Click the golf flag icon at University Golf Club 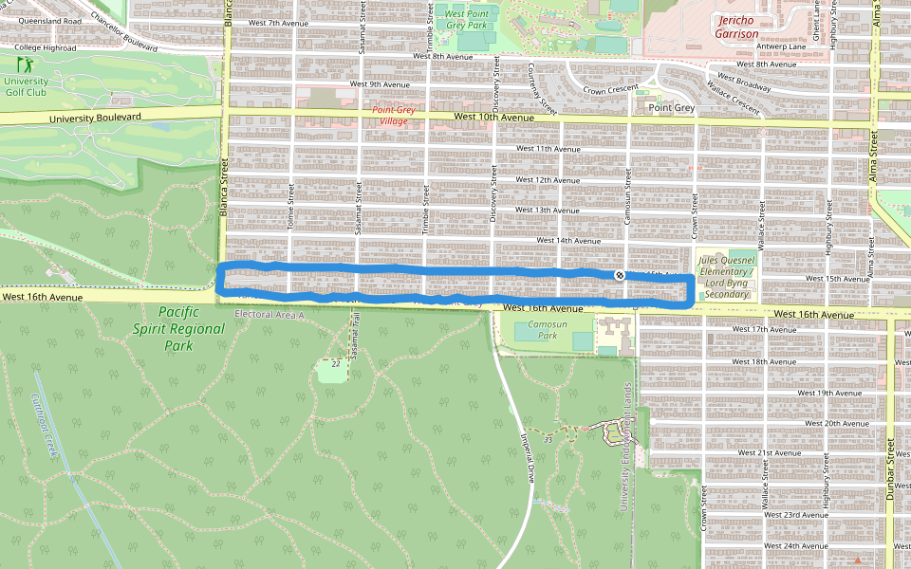(x=25, y=65)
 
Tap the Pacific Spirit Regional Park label (x=192, y=328)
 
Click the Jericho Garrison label (x=737, y=27)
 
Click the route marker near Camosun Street (x=620, y=275)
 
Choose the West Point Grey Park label (x=466, y=19)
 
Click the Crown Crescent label (x=611, y=91)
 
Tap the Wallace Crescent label (x=733, y=101)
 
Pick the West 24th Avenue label (x=794, y=546)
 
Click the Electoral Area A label (x=269, y=314)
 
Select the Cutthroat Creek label (x=46, y=428)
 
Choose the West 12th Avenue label (x=547, y=179)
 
